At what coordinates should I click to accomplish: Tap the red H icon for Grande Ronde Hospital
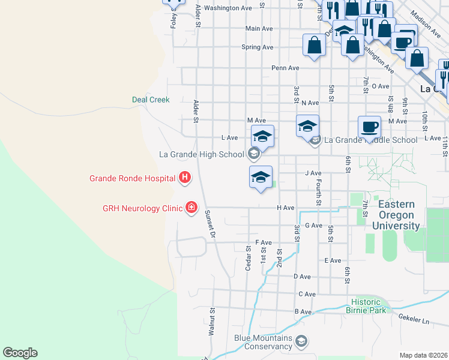[x=185, y=178]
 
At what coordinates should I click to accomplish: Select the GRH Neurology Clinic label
[x=142, y=208]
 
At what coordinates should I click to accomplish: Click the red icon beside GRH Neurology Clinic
[x=191, y=208]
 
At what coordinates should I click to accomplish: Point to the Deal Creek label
[x=151, y=100]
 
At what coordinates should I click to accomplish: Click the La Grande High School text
[x=201, y=154]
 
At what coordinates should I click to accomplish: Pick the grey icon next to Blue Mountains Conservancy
[x=301, y=342]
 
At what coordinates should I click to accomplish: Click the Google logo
[x=20, y=353]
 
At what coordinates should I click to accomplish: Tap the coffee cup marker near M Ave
[x=370, y=127]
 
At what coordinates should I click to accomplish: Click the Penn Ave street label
[x=285, y=68]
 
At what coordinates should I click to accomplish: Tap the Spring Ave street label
[x=257, y=47]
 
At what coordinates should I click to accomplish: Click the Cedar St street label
[x=248, y=258]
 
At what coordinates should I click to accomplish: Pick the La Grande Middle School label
[x=371, y=140]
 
